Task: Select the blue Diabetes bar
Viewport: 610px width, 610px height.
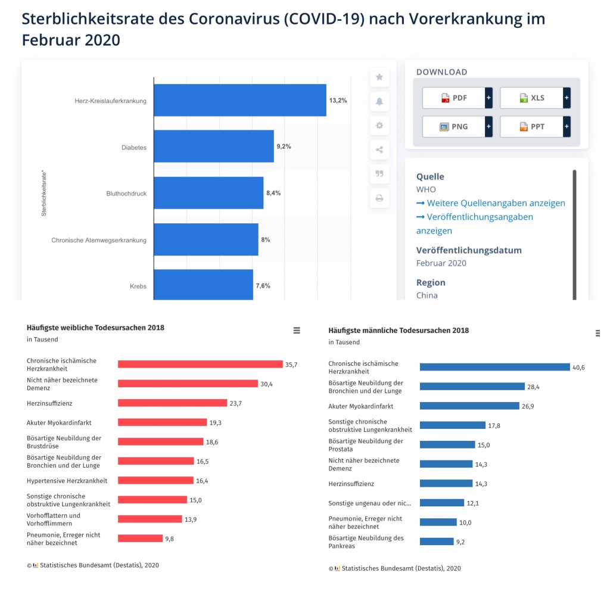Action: point(213,147)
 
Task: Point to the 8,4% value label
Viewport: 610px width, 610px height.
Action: point(273,193)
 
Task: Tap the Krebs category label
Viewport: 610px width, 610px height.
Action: point(138,287)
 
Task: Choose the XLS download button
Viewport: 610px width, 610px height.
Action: point(531,98)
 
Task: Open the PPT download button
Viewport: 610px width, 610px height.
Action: point(531,126)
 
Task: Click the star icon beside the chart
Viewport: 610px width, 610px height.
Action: point(379,77)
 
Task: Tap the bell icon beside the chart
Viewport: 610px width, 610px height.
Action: point(379,102)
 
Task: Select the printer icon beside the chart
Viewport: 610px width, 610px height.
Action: point(379,198)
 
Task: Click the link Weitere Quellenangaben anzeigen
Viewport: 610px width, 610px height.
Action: point(496,203)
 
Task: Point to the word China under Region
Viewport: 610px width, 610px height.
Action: point(427,295)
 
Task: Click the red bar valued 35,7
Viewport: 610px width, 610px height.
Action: point(200,364)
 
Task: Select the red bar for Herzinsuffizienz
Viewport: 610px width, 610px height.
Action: point(173,403)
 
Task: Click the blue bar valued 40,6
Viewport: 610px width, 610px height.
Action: point(494,367)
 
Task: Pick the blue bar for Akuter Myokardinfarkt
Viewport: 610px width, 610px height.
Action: point(469,406)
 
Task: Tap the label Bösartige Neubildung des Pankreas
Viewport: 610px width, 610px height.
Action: point(366,541)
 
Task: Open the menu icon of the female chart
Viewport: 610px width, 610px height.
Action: point(297,331)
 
